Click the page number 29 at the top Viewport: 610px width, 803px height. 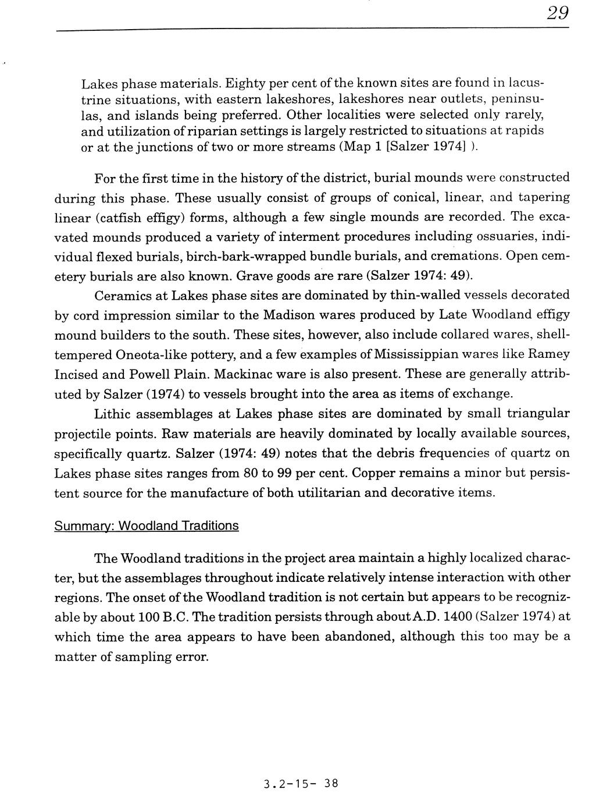(x=557, y=13)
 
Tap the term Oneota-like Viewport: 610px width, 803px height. (x=147, y=354)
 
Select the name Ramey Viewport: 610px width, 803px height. (x=548, y=354)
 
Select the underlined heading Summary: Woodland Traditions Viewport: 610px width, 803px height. (x=146, y=526)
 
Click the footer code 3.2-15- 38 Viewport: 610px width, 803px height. (x=300, y=783)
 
